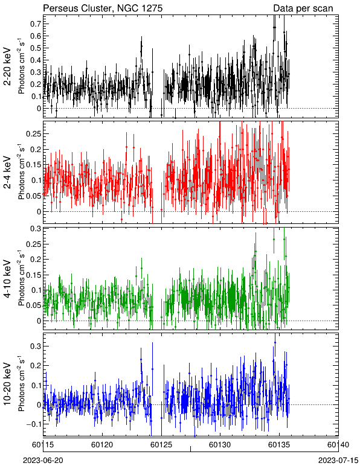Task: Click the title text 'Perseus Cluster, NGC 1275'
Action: [103, 8]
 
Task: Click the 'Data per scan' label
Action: [303, 8]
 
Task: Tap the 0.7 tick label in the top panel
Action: [36, 24]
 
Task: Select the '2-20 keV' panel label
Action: [8, 66]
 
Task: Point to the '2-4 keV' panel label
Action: [8, 173]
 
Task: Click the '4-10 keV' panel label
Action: [8, 278]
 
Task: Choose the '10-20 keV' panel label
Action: [8, 384]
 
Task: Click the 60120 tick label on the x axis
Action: [102, 445]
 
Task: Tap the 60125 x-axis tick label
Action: [161, 445]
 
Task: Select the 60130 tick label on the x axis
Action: [220, 445]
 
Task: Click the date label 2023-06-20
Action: [43, 461]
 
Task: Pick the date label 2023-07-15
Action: [338, 461]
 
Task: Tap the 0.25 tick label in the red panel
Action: [34, 134]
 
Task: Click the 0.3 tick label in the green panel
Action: [36, 229]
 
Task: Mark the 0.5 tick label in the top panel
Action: [36, 48]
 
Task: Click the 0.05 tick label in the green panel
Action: [34, 305]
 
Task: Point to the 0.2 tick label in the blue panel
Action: [36, 366]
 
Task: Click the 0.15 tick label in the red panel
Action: [34, 165]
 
